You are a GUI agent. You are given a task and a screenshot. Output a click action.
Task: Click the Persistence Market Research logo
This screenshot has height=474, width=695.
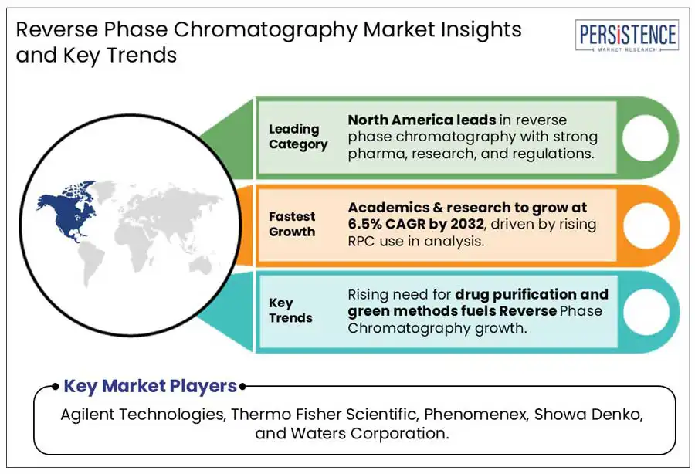627,36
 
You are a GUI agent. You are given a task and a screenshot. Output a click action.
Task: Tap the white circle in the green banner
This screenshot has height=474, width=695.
646,137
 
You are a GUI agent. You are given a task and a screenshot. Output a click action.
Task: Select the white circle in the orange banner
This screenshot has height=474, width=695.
646,225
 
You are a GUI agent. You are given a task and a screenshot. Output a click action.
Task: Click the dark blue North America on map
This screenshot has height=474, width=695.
66,211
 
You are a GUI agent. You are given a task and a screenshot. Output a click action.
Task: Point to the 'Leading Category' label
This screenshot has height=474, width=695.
298,137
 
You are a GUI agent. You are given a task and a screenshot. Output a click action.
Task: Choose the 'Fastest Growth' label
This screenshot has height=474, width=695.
292,224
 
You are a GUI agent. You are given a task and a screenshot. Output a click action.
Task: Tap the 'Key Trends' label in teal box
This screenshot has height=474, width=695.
290,310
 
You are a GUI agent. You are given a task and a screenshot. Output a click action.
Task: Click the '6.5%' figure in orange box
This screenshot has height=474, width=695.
364,224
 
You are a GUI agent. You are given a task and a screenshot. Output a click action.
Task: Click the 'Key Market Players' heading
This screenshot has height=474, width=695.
151,386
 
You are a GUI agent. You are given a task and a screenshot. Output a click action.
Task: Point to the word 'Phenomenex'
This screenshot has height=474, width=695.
476,415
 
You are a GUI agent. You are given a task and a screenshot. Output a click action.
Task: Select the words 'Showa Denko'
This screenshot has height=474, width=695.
588,415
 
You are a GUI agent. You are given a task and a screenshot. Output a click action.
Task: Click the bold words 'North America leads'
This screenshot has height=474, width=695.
422,120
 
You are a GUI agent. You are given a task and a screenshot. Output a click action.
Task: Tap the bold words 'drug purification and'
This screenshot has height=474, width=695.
532,295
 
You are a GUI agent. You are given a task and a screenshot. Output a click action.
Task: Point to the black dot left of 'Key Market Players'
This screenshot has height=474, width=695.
55,387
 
